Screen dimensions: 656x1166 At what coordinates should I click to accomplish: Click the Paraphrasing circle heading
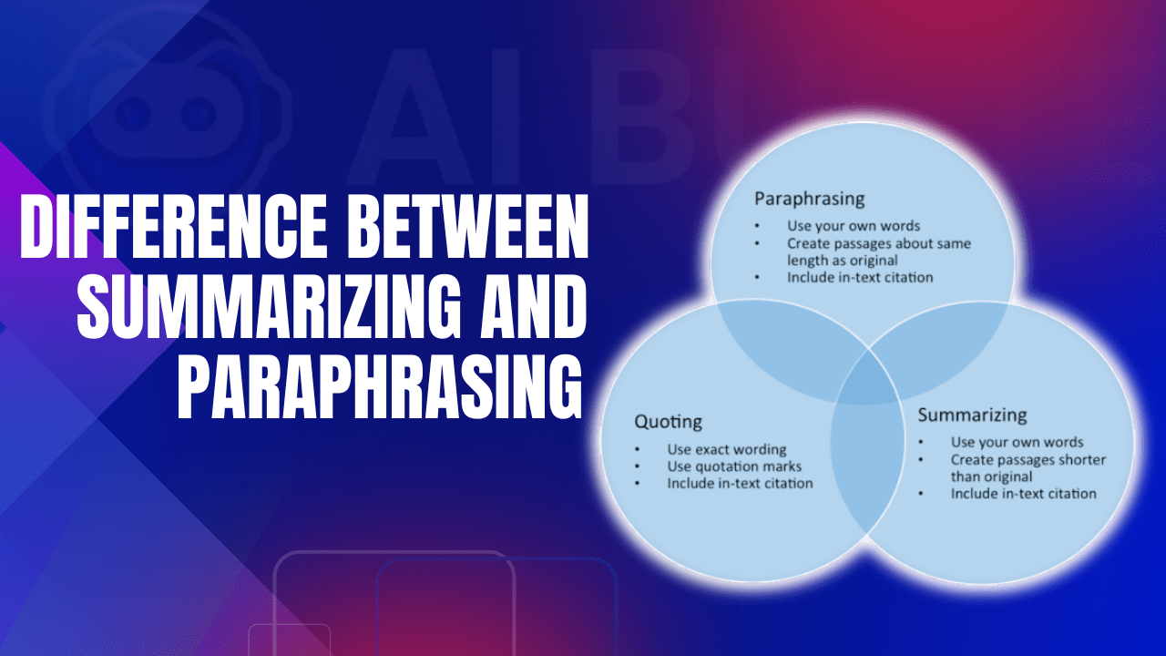point(809,198)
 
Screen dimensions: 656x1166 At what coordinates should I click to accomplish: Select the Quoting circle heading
point(668,422)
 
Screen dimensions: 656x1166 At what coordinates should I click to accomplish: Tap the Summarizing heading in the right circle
point(972,415)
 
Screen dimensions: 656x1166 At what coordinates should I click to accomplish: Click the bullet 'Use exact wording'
point(726,449)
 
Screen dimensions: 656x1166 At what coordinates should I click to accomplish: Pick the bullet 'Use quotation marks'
point(734,466)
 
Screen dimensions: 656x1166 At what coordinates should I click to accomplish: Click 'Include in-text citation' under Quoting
point(740,483)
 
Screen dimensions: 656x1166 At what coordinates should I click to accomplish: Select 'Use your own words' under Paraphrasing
point(854,226)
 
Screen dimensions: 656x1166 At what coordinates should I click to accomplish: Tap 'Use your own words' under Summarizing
point(1017,443)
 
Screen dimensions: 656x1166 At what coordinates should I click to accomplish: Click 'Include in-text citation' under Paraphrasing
point(860,277)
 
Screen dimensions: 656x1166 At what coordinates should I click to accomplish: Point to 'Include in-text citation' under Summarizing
point(1023,493)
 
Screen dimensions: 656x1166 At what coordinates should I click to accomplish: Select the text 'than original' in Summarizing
point(991,477)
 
